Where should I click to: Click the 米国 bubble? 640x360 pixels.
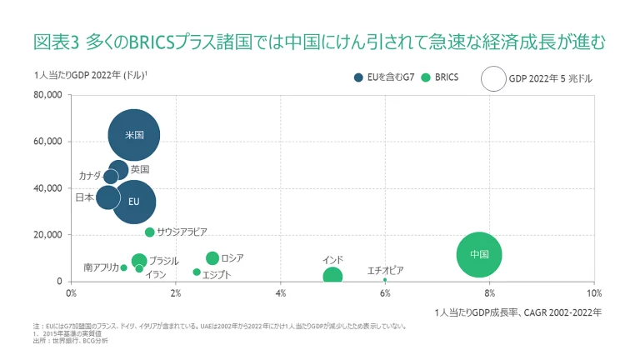click(134, 134)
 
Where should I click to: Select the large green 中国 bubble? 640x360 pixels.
click(478, 254)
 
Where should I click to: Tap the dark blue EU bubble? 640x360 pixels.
click(134, 201)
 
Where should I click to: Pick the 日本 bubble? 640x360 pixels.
click(107, 197)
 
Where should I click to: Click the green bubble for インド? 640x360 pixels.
click(332, 277)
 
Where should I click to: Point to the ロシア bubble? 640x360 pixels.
click(212, 258)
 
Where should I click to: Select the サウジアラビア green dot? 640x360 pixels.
click(150, 232)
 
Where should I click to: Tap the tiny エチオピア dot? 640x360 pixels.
click(385, 280)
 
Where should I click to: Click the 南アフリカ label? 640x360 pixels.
click(100, 267)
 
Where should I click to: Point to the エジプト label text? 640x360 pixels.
click(217, 274)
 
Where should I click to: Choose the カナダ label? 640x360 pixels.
click(90, 176)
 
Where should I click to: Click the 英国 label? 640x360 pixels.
click(140, 169)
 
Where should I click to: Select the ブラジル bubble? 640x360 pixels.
click(139, 261)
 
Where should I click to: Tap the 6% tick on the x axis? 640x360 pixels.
click(385, 293)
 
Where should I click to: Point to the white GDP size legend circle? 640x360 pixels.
click(493, 79)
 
